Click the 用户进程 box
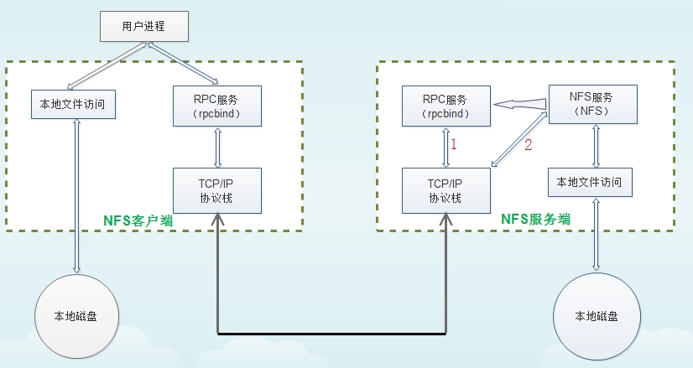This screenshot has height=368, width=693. coord(143,26)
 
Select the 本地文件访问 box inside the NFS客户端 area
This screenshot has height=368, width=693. coord(72,106)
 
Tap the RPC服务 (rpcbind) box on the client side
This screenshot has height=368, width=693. coord(217,106)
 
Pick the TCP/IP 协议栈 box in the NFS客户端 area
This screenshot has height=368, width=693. coord(217,189)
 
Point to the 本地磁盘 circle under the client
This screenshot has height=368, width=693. coord(77,316)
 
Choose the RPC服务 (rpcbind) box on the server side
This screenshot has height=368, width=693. coord(445,106)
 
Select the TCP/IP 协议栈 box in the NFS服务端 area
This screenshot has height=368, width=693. coord(445,189)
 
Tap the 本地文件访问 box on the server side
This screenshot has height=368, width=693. coord(589,181)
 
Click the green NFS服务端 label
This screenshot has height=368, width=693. coord(536,219)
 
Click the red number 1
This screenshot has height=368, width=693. coord(454,144)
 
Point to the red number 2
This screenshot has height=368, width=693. coord(529,144)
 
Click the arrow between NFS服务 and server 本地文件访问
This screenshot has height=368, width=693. coord(595,146)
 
